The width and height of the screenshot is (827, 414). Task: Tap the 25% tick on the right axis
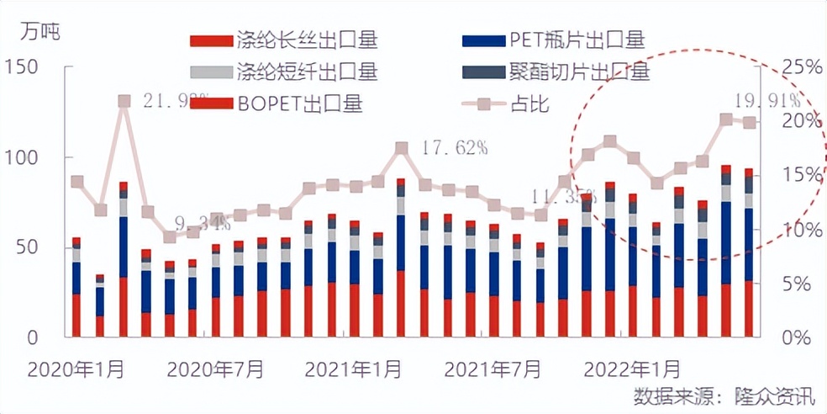798,66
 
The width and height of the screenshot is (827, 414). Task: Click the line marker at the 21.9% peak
124,101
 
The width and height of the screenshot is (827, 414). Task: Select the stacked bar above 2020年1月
76,288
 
